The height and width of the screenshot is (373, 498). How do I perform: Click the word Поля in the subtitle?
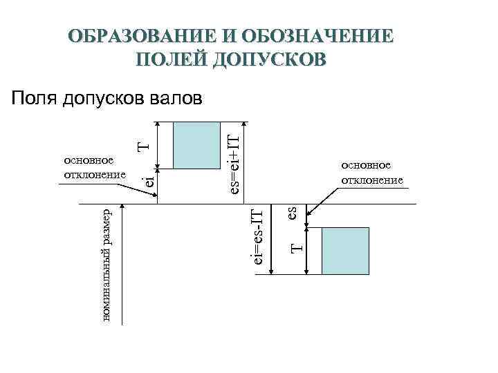tap(33, 99)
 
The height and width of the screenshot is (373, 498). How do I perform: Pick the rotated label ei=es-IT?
tap(257, 231)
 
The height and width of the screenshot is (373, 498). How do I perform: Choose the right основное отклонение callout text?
tap(371, 173)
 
